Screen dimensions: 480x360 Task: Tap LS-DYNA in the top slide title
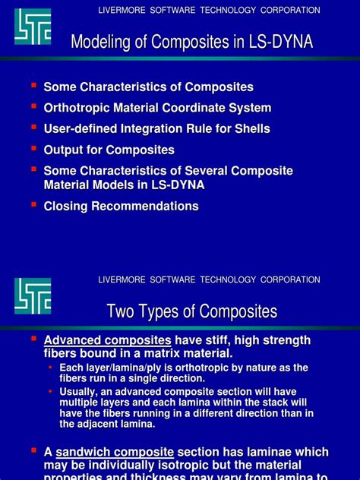[x=280, y=42]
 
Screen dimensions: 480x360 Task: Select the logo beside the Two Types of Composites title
[x=33, y=296]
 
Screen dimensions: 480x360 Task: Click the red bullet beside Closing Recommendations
[x=33, y=205]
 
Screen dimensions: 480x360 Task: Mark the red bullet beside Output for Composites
[x=33, y=149]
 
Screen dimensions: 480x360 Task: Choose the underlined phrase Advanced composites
[x=107, y=340]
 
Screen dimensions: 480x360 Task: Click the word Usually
[x=80, y=392]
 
